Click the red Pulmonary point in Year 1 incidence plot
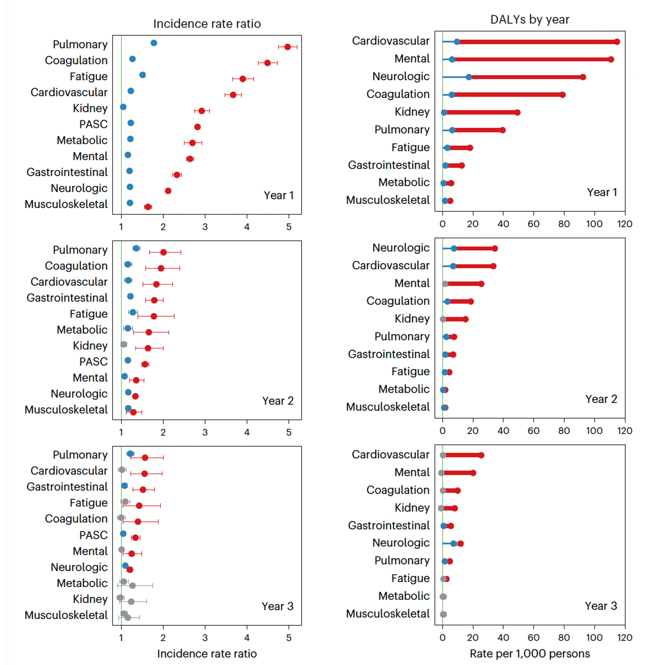pyautogui.click(x=288, y=47)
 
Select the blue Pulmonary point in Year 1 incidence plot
pyautogui.click(x=154, y=43)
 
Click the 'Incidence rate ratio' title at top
pyautogui.click(x=207, y=24)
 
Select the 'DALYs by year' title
pyautogui.click(x=530, y=20)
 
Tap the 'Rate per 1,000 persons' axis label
pyautogui.click(x=530, y=653)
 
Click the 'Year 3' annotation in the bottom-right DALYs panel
pyautogui.click(x=601, y=606)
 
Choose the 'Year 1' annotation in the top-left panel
pyautogui.click(x=278, y=196)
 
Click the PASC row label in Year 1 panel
pyautogui.click(x=93, y=124)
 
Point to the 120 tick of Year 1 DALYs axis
pyautogui.click(x=625, y=224)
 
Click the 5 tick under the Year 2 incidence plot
pyautogui.click(x=289, y=432)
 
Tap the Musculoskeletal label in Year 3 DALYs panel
pyautogui.click(x=388, y=614)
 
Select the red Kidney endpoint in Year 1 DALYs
pyautogui.click(x=517, y=112)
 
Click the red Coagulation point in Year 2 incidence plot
pyautogui.click(x=161, y=268)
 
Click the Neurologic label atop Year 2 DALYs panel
pyautogui.click(x=401, y=248)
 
